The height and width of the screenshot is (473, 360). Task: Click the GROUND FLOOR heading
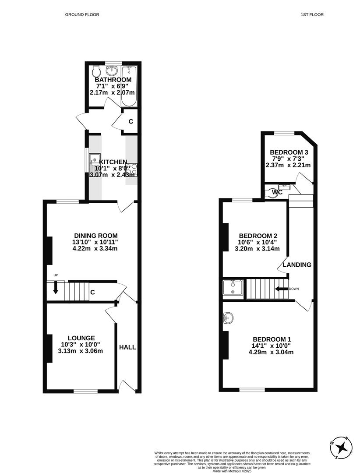coord(82,14)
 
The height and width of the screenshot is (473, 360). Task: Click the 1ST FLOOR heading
coord(312,14)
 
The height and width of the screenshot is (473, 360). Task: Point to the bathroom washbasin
coord(113,70)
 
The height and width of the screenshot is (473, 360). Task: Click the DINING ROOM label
coord(95,236)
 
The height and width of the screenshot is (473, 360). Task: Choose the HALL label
coord(127,347)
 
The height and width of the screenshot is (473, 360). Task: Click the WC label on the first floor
coord(277,192)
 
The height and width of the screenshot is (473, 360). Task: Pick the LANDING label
coord(296,265)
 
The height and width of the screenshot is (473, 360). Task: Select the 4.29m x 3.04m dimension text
coord(271,352)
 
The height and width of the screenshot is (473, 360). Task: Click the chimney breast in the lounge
coord(49,348)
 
